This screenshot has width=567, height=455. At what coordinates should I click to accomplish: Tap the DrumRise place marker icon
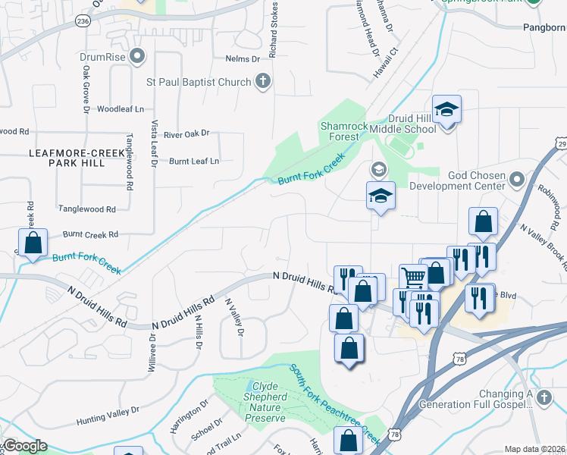137,56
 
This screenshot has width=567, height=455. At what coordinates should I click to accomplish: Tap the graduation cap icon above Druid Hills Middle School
447,109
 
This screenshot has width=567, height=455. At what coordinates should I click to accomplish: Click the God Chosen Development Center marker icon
517,180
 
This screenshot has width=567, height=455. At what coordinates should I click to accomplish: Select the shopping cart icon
413,277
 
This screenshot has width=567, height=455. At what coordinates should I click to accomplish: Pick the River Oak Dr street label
186,133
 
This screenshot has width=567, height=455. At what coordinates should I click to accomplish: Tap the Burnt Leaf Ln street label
194,161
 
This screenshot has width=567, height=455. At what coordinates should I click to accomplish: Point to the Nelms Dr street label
243,58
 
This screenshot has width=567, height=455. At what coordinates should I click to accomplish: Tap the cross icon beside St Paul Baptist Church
263,82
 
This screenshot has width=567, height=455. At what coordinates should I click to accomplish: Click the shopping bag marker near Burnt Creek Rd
33,243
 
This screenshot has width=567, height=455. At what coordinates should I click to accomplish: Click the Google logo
24,446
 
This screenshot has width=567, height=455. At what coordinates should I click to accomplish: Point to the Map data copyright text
534,449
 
